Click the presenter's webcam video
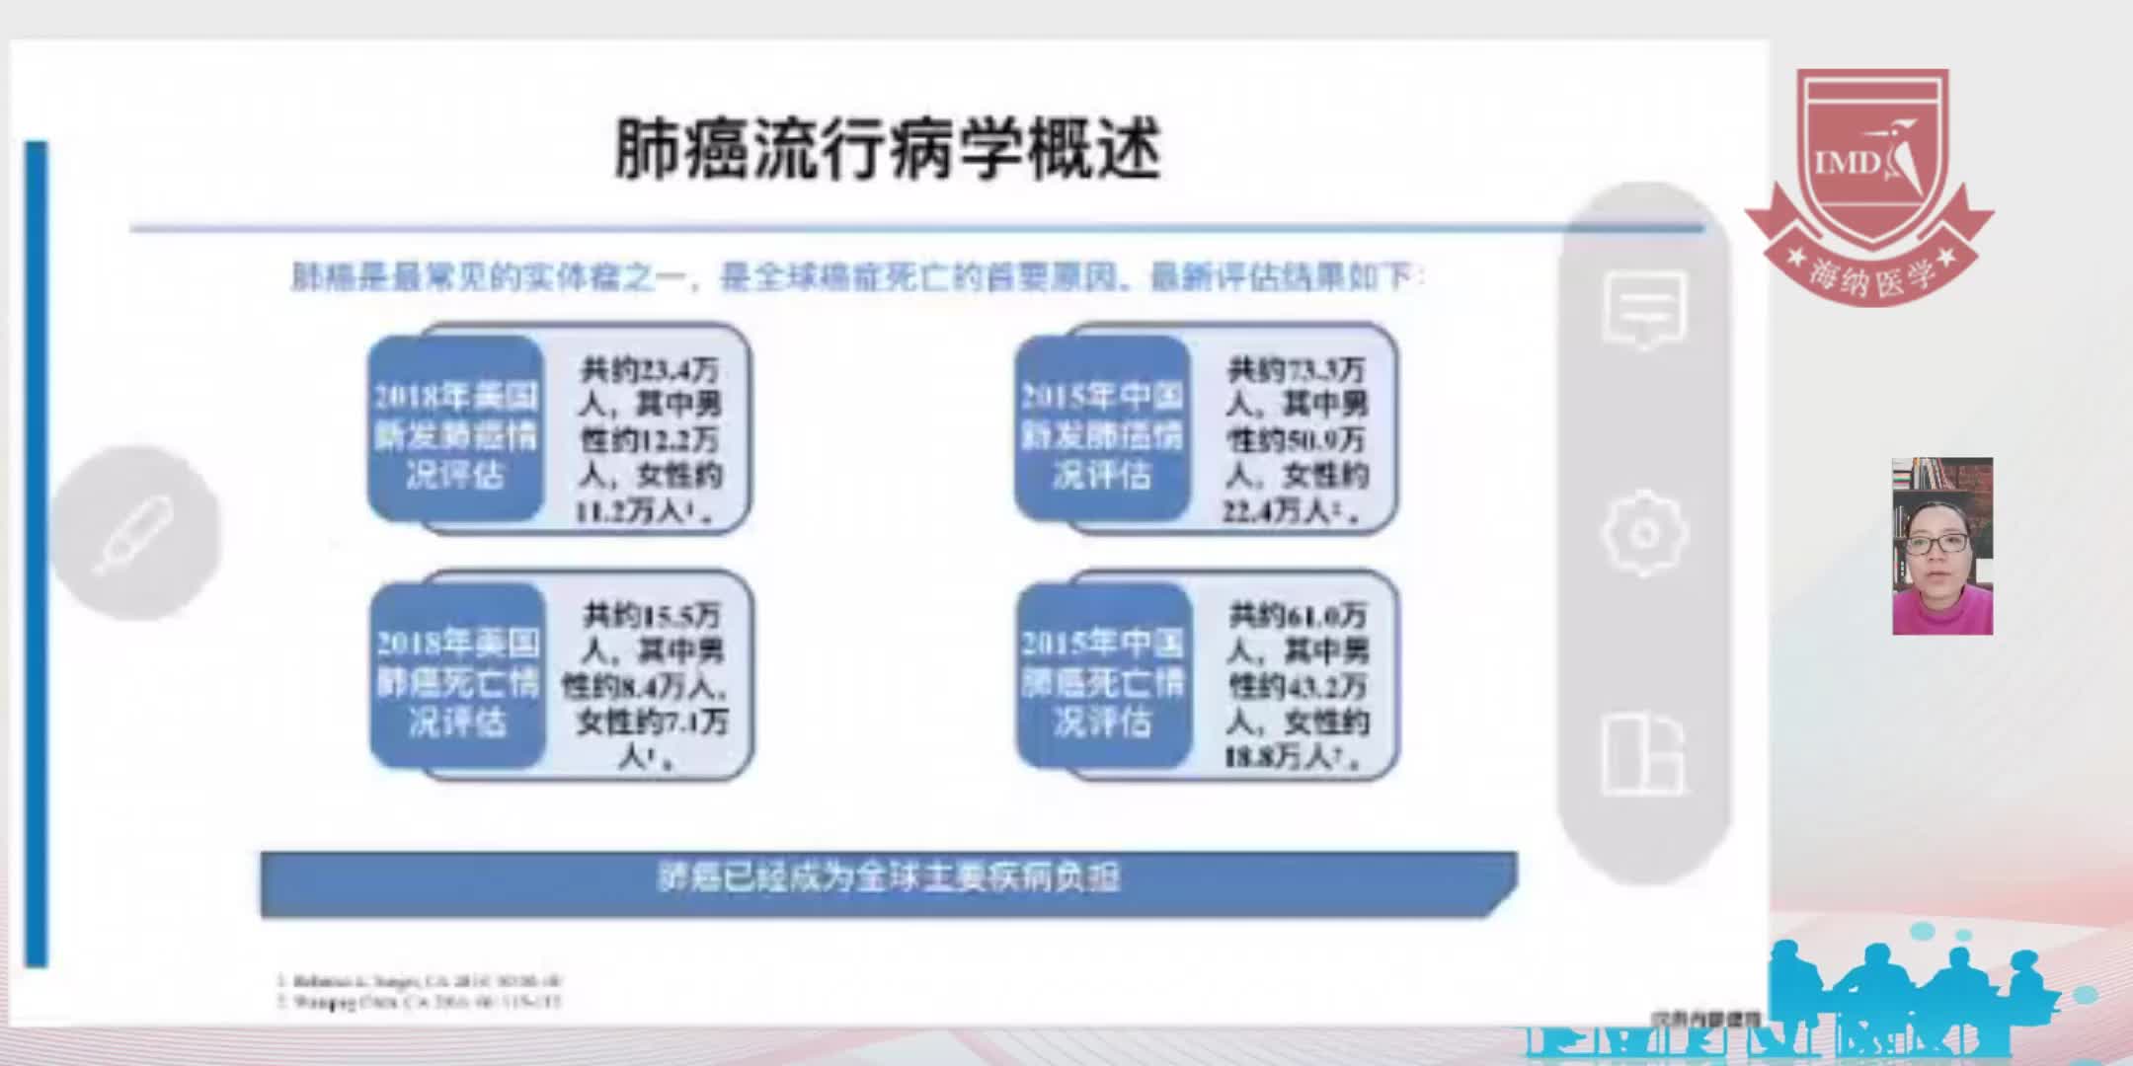[1942, 546]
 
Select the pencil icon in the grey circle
[134, 534]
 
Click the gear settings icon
[1644, 533]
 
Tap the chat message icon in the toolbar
[1644, 309]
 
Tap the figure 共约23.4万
[650, 370]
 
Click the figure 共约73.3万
[1296, 370]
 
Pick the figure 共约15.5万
[652, 616]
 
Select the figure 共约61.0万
[1298, 616]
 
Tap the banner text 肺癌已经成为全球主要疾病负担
[889, 877]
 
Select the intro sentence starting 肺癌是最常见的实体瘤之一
[857, 277]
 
